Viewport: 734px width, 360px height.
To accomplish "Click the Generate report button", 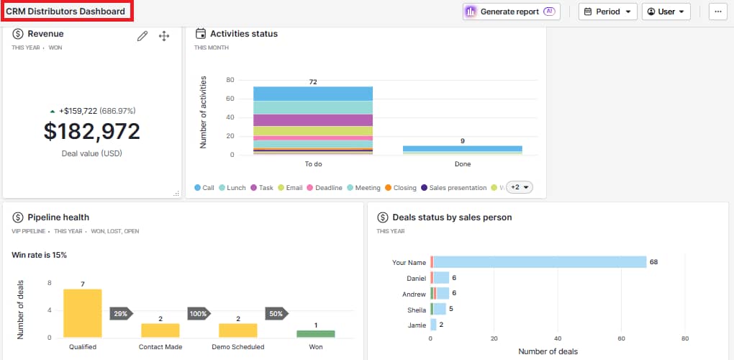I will [511, 12].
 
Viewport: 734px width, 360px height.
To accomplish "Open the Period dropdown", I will [607, 12].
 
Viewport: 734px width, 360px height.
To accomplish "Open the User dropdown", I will [666, 12].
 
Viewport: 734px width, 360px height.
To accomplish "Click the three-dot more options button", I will [717, 12].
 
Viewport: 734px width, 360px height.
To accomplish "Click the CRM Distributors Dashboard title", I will [65, 12].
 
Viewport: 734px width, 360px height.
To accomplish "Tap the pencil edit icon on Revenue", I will [142, 36].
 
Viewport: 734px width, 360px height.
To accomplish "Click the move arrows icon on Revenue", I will [164, 36].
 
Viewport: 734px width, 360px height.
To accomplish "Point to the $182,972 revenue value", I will [92, 131].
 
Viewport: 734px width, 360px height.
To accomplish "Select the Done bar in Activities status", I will [462, 150].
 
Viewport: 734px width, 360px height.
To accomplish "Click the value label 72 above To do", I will [313, 82].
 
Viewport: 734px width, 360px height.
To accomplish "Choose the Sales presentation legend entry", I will [453, 188].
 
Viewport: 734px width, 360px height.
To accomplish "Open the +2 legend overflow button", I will [519, 187].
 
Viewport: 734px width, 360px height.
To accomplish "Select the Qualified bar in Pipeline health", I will [83, 314].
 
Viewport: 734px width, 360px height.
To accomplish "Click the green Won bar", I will [316, 334].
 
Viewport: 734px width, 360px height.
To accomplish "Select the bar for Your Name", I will [540, 262].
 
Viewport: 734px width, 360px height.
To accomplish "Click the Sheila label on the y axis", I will [417, 309].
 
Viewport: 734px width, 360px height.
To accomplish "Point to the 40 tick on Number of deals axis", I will [558, 338].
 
